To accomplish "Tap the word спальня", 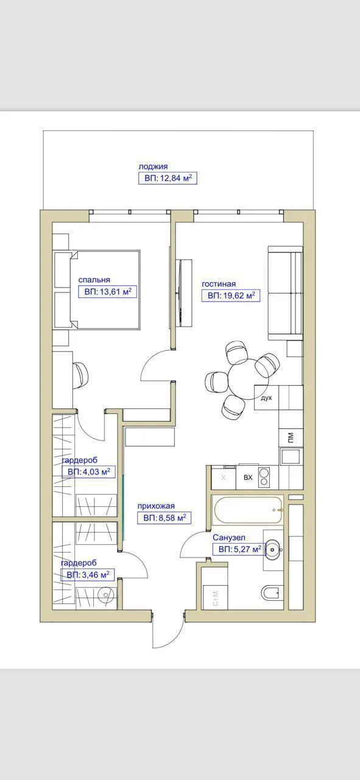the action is pos(94,280).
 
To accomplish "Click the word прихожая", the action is pos(156,506).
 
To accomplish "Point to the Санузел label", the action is pos(229,537).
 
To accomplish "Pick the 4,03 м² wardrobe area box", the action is pos(89,472).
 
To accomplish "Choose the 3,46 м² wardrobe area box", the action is pos(87,575).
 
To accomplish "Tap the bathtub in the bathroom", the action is pos(249,510).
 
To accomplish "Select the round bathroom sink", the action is pos(273,550).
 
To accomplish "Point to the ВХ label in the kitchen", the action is pos(248,477).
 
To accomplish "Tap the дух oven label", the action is pos(266,398).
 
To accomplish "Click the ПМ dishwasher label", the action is pos(291,437).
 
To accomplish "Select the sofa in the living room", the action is pos(285,293).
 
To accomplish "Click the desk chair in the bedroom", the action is pos(80,375).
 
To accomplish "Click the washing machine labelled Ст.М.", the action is pos(215,598).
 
